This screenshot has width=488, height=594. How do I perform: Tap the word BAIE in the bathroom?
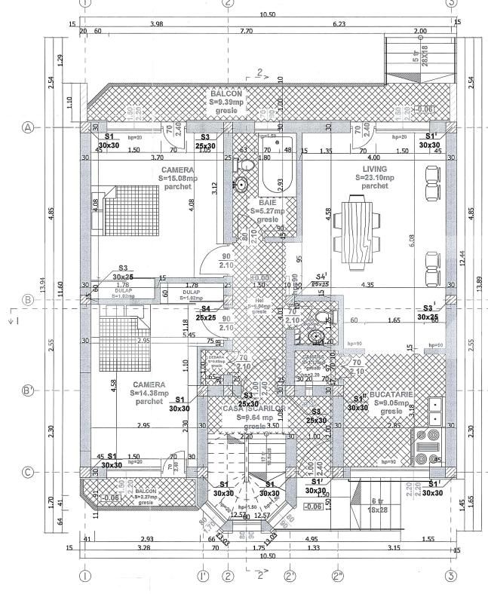click(267, 203)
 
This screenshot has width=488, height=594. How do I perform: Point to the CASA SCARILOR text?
click(253, 408)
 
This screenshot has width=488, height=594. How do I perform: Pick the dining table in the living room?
click(359, 231)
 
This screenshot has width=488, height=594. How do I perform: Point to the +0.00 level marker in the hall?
click(260, 277)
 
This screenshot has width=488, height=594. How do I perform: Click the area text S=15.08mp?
click(180, 179)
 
